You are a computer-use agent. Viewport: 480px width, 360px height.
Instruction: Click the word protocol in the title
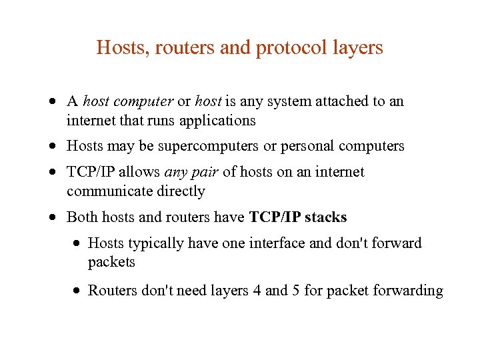click(x=291, y=48)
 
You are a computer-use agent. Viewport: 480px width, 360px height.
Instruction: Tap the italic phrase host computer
click(x=128, y=101)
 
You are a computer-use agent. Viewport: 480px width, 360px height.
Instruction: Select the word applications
click(x=219, y=121)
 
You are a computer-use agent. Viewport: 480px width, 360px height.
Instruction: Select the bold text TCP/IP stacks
click(x=298, y=217)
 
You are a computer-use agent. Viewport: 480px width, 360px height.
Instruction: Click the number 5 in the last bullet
click(x=297, y=291)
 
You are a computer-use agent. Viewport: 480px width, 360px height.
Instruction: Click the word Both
click(x=81, y=217)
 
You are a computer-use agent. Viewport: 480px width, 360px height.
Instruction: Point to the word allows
click(x=140, y=172)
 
